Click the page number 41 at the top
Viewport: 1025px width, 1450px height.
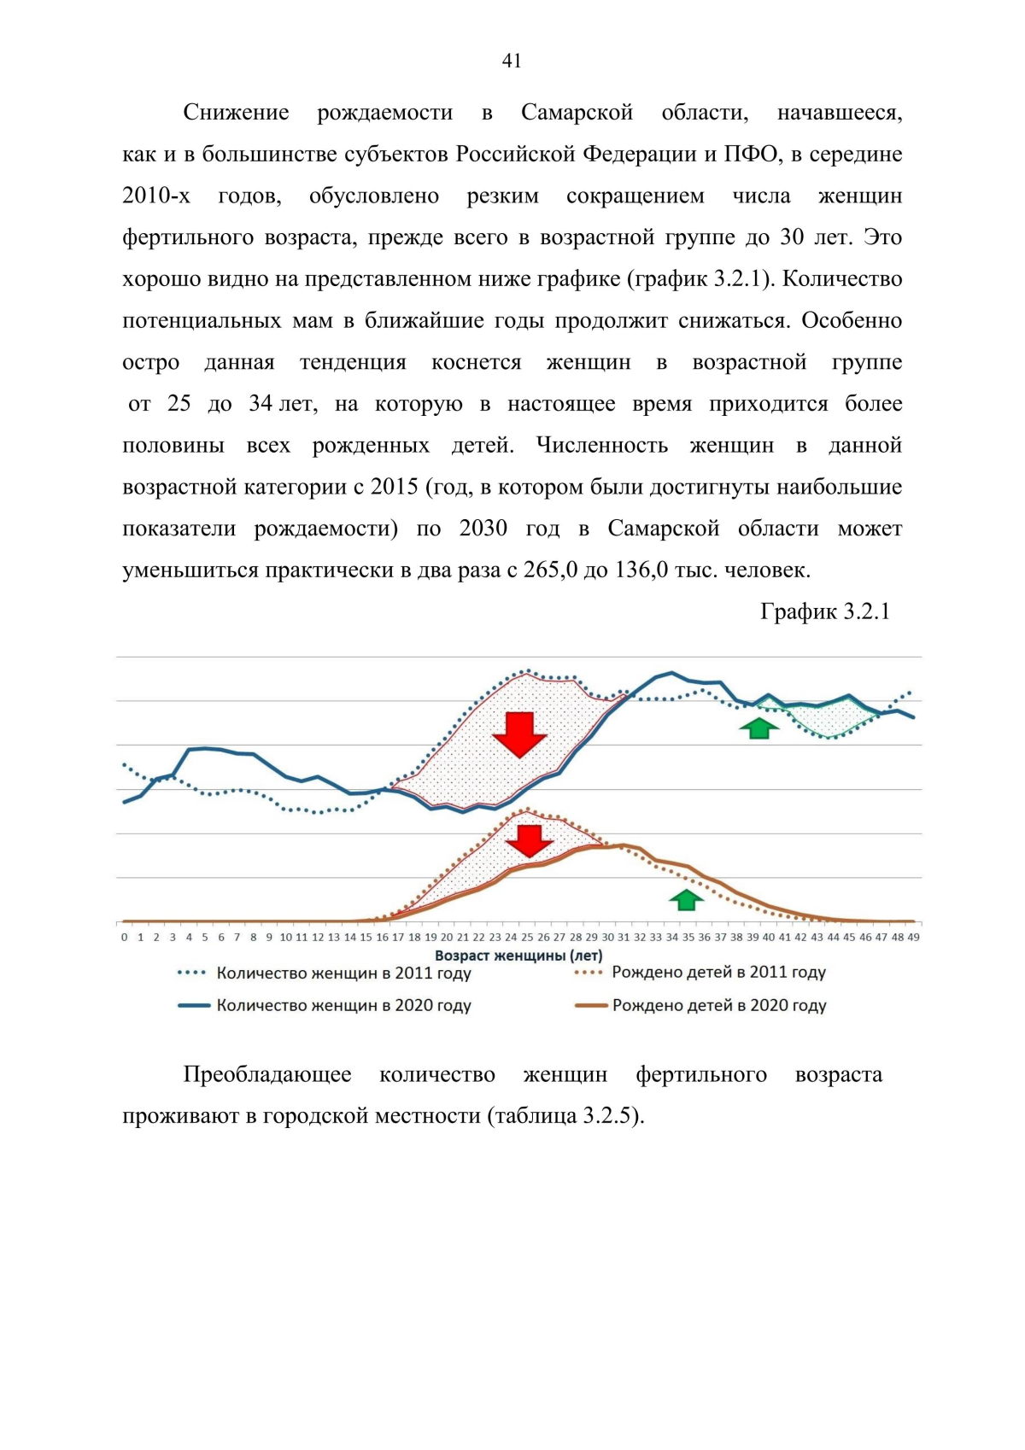[512, 61]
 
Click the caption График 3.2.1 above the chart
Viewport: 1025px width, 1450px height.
[824, 611]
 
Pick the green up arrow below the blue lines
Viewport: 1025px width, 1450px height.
[759, 728]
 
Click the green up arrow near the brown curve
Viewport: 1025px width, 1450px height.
[686, 899]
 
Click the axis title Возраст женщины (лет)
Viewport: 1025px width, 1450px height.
[518, 956]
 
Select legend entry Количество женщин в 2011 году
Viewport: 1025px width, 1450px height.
[343, 973]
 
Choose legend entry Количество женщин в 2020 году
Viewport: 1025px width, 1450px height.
[343, 1005]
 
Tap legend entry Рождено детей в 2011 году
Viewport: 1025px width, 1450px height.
[718, 972]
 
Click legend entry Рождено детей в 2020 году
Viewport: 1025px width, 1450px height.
[718, 1005]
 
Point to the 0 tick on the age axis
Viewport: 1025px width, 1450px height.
[125, 938]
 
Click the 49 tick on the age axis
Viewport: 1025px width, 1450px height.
[913, 938]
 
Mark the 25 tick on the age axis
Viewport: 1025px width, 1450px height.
[527, 938]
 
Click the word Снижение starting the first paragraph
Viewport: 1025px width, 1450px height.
[236, 113]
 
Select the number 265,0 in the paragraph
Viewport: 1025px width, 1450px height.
[549, 570]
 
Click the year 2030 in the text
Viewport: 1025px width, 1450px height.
[483, 529]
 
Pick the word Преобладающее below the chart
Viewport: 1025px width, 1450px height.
[267, 1074]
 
